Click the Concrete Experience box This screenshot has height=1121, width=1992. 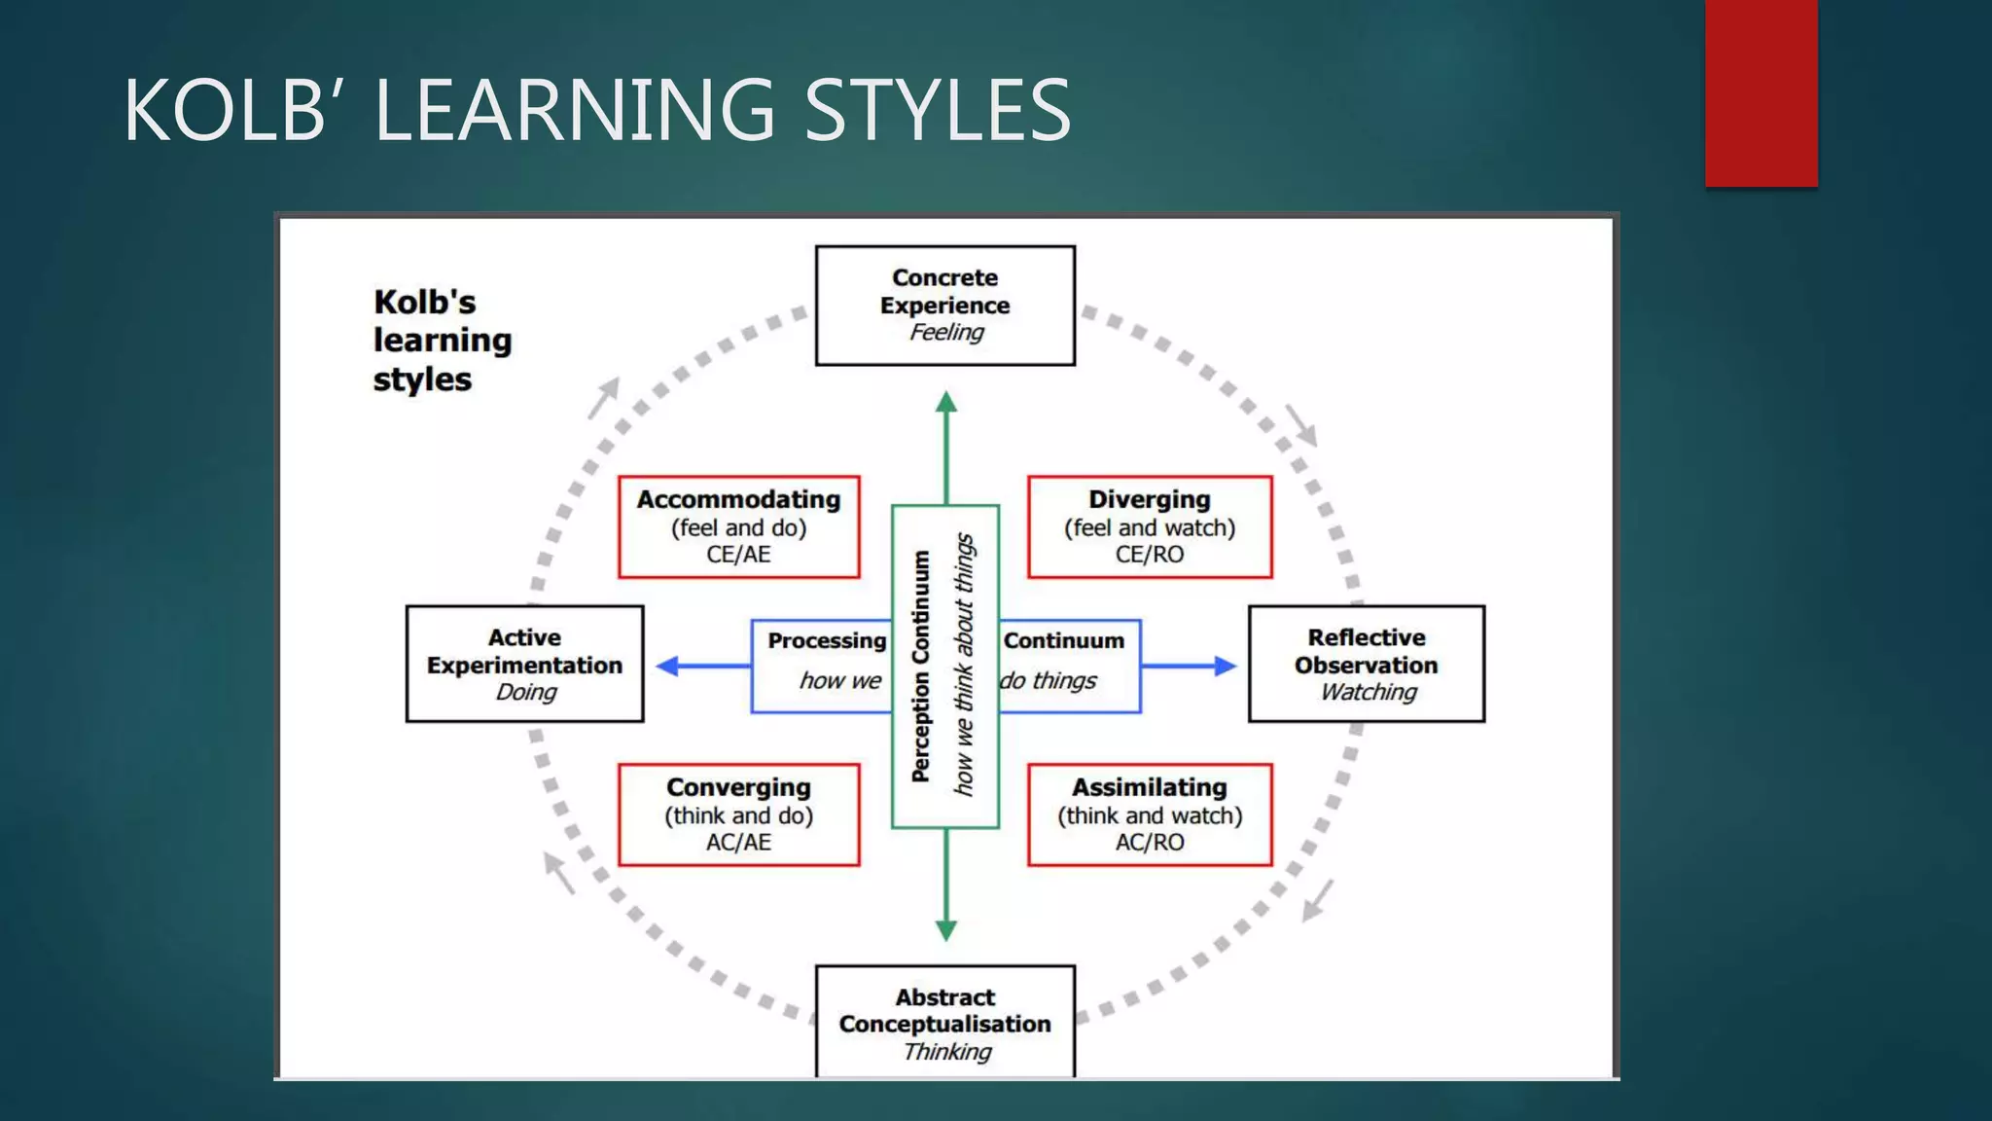point(944,306)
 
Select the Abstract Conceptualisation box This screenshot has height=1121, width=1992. point(944,1022)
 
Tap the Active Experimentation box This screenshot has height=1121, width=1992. point(524,664)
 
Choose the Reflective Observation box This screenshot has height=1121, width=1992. point(1366,664)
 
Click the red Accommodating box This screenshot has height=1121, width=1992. point(738,526)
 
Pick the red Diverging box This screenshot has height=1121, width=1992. point(1149,526)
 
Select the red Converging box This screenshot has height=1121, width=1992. point(738,814)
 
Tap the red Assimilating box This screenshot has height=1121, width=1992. point(1149,814)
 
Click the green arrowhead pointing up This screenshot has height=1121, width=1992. point(945,403)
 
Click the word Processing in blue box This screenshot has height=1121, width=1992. point(827,640)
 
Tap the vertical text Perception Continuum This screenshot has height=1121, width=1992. point(920,667)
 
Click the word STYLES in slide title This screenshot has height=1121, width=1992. point(938,110)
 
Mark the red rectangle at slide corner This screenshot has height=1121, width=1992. point(1761,92)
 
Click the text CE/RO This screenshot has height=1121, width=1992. point(1149,555)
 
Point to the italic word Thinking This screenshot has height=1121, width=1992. point(946,1052)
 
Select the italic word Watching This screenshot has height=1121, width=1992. point(1368,692)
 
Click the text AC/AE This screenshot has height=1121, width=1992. point(738,843)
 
